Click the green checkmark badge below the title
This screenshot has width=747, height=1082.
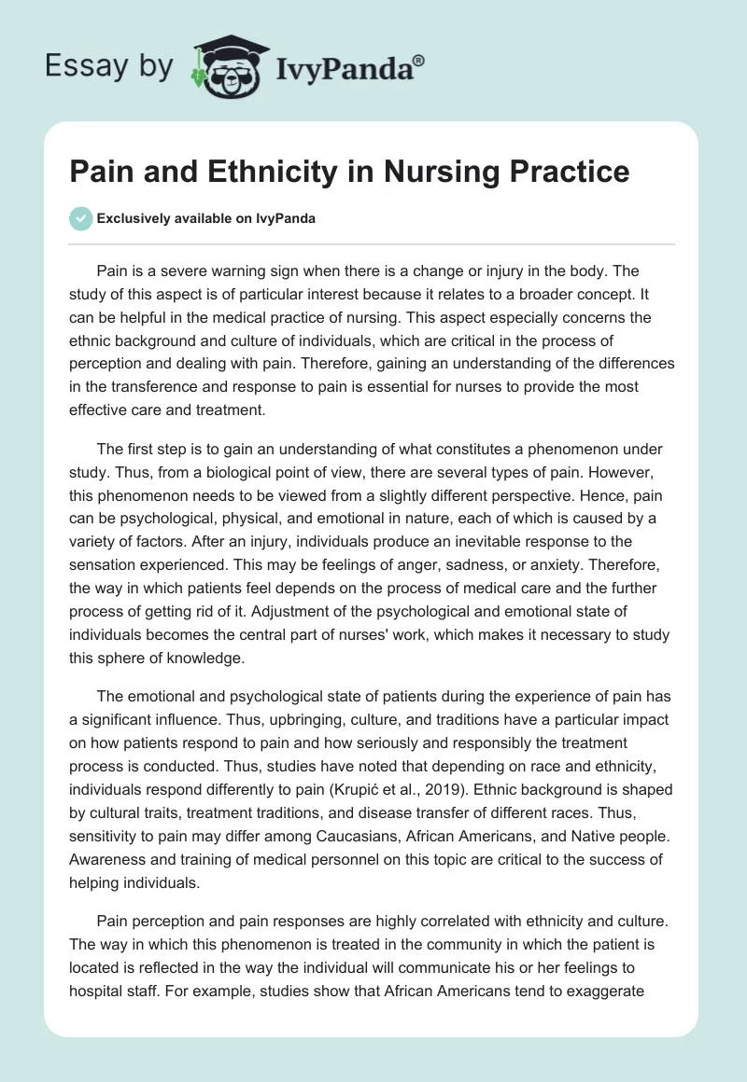pyautogui.click(x=80, y=218)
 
